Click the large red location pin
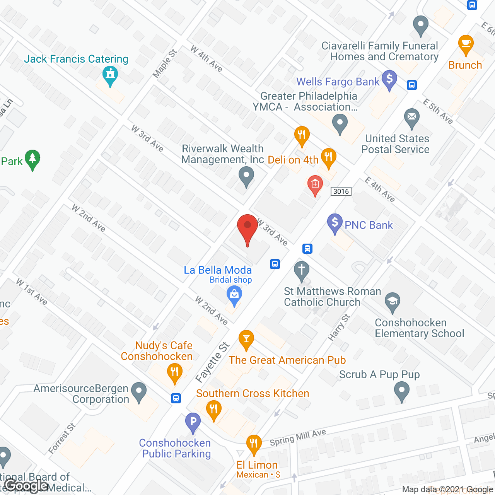tap(247, 228)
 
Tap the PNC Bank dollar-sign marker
tap(335, 223)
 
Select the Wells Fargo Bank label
tap(338, 82)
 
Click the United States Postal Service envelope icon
tap(412, 117)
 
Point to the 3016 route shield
tap(341, 191)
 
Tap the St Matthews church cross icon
tap(302, 270)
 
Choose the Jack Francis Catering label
tap(76, 59)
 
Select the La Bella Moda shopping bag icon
tap(234, 295)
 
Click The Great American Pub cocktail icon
tap(246, 339)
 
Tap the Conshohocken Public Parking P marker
tap(193, 422)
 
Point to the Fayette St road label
tap(212, 362)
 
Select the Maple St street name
tap(165, 64)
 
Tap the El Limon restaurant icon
tap(254, 443)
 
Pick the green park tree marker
tap(32, 159)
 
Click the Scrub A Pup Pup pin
tap(402, 391)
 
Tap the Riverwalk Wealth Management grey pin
tap(246, 176)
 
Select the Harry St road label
tap(339, 328)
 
